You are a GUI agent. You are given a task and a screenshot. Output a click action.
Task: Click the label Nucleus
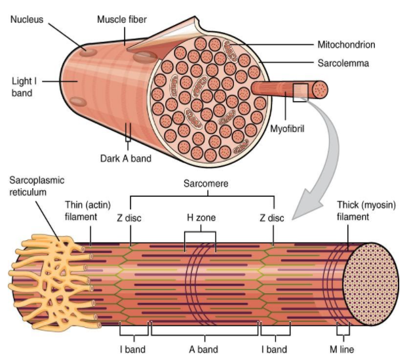(x=27, y=19)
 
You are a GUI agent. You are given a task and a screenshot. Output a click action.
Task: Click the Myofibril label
(x=288, y=129)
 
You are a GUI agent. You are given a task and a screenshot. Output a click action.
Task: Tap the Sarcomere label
(x=206, y=184)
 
